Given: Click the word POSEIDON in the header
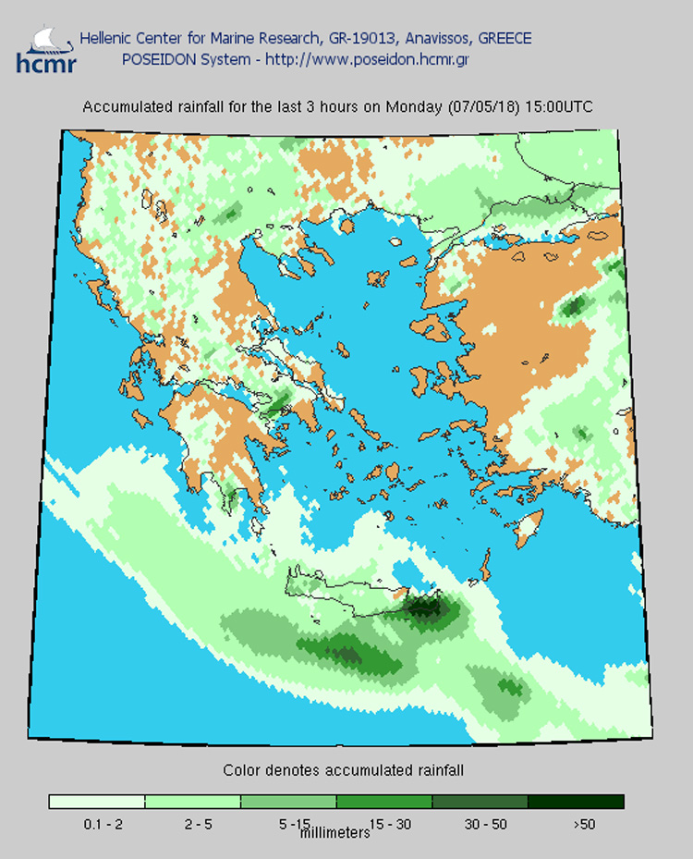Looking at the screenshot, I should [155, 58].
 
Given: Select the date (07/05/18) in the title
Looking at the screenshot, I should [484, 107].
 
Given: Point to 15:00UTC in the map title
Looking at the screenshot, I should [559, 107].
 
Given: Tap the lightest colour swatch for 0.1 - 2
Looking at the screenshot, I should [97, 802].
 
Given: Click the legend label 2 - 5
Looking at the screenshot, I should [198, 824].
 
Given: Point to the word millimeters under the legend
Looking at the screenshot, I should [334, 833].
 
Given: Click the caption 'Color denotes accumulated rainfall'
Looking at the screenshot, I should [343, 770].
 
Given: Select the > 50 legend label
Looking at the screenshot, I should [584, 824].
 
